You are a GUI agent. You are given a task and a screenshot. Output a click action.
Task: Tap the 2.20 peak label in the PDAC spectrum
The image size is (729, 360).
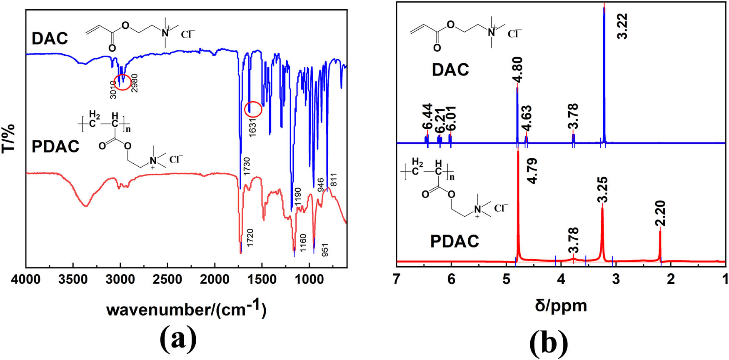click(x=661, y=213)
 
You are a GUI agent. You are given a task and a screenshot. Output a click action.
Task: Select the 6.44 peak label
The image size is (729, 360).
click(x=427, y=117)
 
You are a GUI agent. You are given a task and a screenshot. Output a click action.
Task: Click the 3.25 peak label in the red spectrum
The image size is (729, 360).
click(x=602, y=189)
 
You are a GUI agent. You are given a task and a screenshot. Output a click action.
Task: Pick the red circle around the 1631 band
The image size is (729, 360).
click(x=253, y=109)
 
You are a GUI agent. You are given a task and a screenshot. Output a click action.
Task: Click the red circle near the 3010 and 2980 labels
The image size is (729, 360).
click(x=122, y=82)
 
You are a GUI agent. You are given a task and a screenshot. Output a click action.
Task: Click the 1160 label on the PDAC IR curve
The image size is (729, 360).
click(x=303, y=243)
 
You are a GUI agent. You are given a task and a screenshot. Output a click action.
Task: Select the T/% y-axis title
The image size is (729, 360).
click(x=9, y=138)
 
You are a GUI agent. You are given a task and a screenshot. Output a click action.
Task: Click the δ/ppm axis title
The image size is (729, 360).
click(x=561, y=305)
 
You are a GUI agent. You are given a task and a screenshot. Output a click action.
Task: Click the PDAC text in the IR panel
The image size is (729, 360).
click(x=55, y=147)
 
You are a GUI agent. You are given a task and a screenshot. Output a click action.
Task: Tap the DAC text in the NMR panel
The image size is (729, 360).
click(x=450, y=70)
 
